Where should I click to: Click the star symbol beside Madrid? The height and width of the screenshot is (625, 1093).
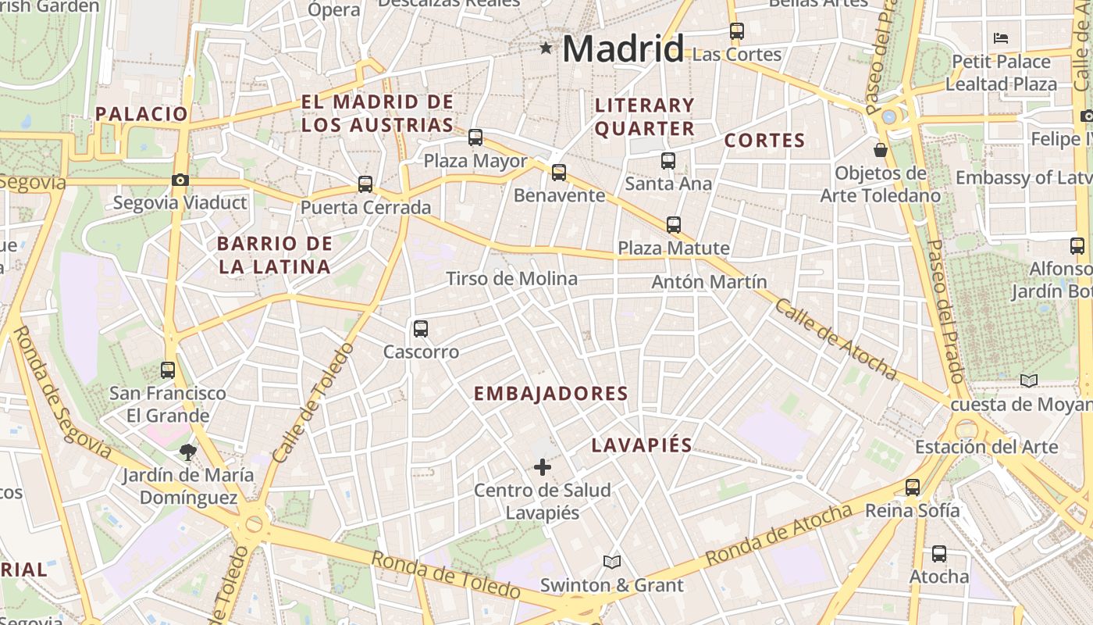tap(546, 48)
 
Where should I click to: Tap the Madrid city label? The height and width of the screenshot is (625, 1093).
tap(623, 49)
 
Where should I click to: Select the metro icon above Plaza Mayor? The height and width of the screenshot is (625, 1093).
tap(475, 137)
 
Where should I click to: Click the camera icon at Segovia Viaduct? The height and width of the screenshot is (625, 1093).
tap(180, 180)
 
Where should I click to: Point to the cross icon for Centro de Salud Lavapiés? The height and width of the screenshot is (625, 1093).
tap(542, 467)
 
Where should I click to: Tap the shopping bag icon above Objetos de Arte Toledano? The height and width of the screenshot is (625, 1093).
tap(881, 149)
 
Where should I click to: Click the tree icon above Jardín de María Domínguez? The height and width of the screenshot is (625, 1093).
tap(187, 452)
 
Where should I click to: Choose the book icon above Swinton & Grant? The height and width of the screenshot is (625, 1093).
tap(612, 562)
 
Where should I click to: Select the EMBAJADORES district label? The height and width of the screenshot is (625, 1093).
tap(551, 394)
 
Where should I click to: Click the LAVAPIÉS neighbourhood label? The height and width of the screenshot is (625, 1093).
tap(642, 445)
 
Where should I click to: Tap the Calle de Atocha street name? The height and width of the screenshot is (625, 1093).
tap(835, 339)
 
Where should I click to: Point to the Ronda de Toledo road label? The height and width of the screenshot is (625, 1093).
tap(445, 575)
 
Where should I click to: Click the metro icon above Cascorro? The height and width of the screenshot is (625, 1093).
tap(421, 329)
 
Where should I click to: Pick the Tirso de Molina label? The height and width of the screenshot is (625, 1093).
tap(511, 279)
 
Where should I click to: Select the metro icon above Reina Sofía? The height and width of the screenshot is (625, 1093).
tap(913, 487)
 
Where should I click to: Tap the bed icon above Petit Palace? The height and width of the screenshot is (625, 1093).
tap(1001, 37)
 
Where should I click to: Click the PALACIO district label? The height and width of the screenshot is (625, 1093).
tap(142, 114)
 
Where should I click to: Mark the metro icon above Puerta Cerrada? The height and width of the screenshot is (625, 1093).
tap(365, 184)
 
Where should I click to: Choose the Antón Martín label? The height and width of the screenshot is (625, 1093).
tap(709, 282)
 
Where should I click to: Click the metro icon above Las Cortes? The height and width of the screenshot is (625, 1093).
tap(737, 31)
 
